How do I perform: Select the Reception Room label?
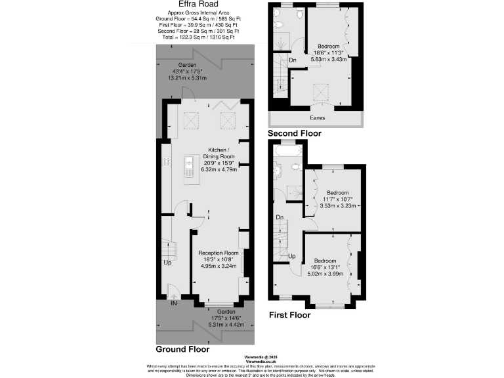(218, 253)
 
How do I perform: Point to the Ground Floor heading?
(182, 349)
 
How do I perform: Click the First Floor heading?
(290, 315)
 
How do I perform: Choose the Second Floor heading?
(295, 133)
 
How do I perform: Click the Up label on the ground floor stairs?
(168, 263)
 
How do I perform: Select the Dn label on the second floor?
(292, 61)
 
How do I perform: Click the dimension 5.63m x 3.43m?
(328, 60)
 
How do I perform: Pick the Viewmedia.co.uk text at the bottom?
(259, 362)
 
